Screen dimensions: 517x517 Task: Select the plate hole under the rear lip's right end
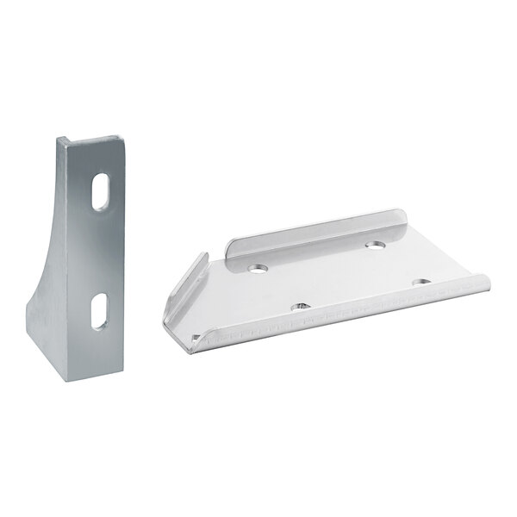[x=374, y=246]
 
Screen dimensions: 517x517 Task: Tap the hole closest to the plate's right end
[x=420, y=282]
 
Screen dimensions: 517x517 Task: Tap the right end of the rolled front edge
[x=483, y=280]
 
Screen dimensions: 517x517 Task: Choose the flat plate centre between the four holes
[x=336, y=276]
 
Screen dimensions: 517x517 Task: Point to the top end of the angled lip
[x=205, y=255]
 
